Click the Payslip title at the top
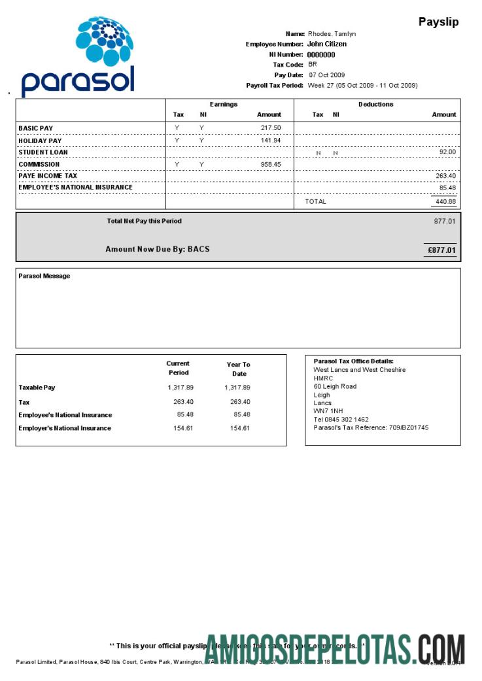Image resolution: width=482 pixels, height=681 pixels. (438, 22)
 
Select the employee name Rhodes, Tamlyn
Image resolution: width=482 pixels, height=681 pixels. (332, 34)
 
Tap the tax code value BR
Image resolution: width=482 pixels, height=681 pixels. (313, 65)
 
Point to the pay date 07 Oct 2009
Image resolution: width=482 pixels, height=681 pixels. (326, 75)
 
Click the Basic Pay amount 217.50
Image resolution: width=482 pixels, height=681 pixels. (270, 128)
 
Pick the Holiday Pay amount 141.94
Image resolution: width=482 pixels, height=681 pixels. (270, 141)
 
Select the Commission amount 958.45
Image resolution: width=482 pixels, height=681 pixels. (270, 165)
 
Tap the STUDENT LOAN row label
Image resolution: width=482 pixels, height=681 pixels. (43, 152)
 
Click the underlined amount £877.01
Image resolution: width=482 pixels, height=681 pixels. (441, 250)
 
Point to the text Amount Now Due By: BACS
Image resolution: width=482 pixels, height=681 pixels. (158, 249)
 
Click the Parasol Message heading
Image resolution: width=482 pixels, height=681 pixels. (44, 276)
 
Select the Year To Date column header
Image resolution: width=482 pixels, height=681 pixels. (239, 369)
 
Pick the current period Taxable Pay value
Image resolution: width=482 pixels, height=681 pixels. (181, 388)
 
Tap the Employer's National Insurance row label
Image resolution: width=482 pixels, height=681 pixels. (65, 428)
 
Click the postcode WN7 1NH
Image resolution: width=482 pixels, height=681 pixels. (328, 411)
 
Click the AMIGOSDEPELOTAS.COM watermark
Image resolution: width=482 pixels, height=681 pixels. (335, 648)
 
